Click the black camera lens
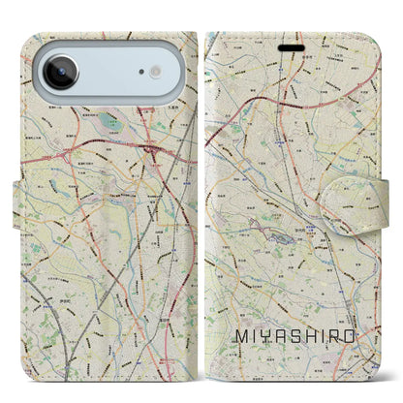(x=60, y=74)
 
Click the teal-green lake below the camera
(x=103, y=124)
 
